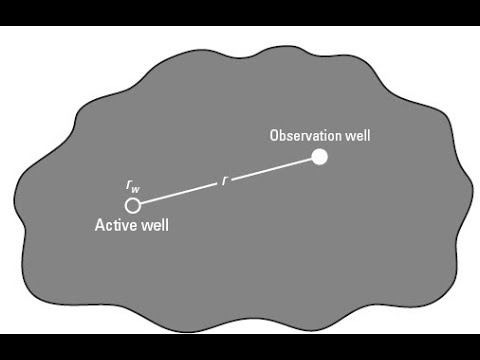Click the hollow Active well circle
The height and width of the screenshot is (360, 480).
tap(132, 204)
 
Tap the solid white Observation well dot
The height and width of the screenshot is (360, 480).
tap(319, 156)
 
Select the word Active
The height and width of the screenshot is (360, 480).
tap(115, 225)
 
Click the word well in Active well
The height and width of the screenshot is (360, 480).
tap(154, 225)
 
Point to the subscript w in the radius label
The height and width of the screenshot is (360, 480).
tap(136, 189)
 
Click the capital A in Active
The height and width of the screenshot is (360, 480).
tap(99, 225)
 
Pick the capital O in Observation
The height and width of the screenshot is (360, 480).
tap(274, 134)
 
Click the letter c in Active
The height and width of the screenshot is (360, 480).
tap(108, 225)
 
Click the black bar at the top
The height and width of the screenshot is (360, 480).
tap(240, 12)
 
